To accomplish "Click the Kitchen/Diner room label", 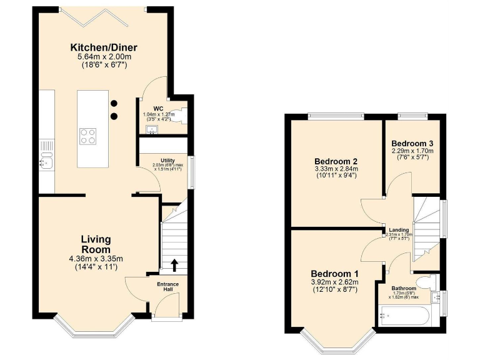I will (x=103, y=47).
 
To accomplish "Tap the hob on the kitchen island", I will (x=88, y=136).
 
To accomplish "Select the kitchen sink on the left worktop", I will (x=46, y=162).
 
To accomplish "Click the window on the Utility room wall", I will (x=192, y=169).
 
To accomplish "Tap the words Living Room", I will (x=96, y=244).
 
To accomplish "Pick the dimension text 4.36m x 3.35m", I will (x=96, y=259).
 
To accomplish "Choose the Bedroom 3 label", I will (x=412, y=143).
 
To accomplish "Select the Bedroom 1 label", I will (x=335, y=274).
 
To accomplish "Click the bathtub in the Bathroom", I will (x=404, y=315).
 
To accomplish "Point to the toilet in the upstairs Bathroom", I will (x=427, y=282).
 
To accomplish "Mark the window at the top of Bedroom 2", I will (x=335, y=114).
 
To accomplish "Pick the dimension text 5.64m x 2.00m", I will (x=103, y=58).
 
